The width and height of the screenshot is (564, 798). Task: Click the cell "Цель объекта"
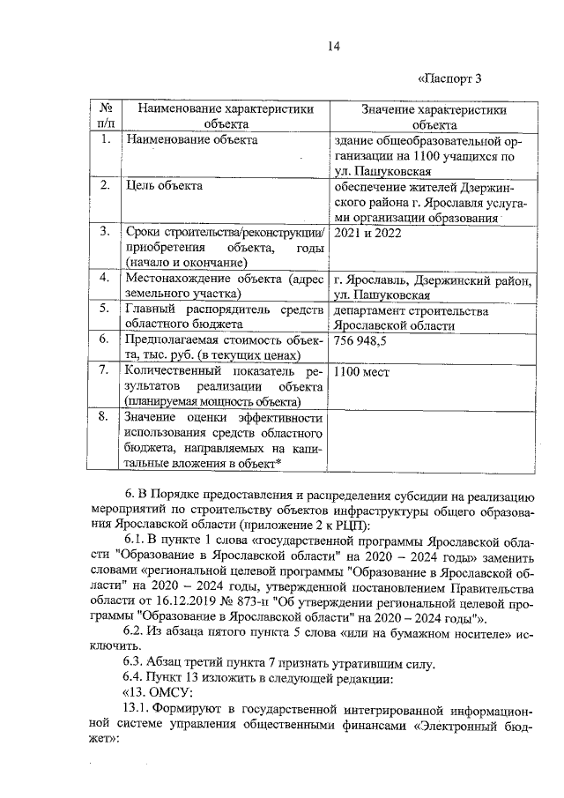165,186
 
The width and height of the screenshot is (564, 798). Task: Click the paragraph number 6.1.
134,538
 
